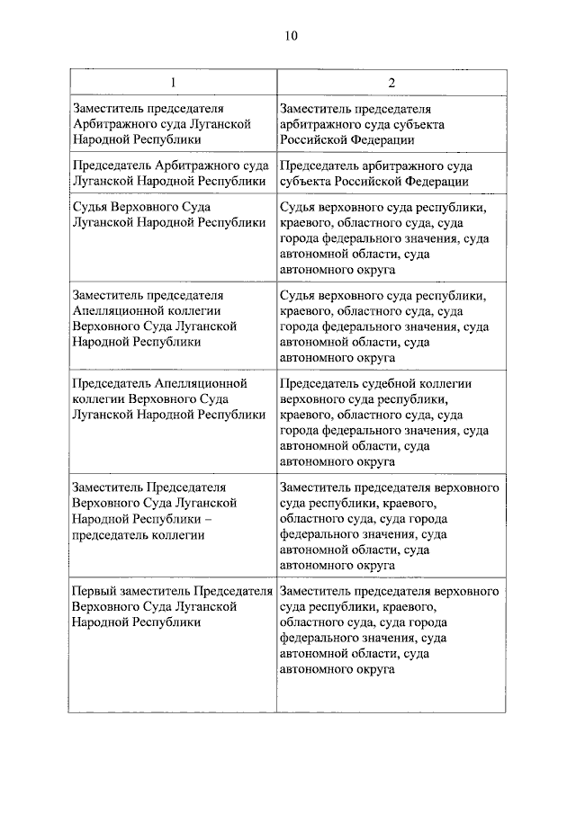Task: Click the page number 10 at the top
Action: (x=289, y=36)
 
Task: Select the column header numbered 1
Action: (x=172, y=83)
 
